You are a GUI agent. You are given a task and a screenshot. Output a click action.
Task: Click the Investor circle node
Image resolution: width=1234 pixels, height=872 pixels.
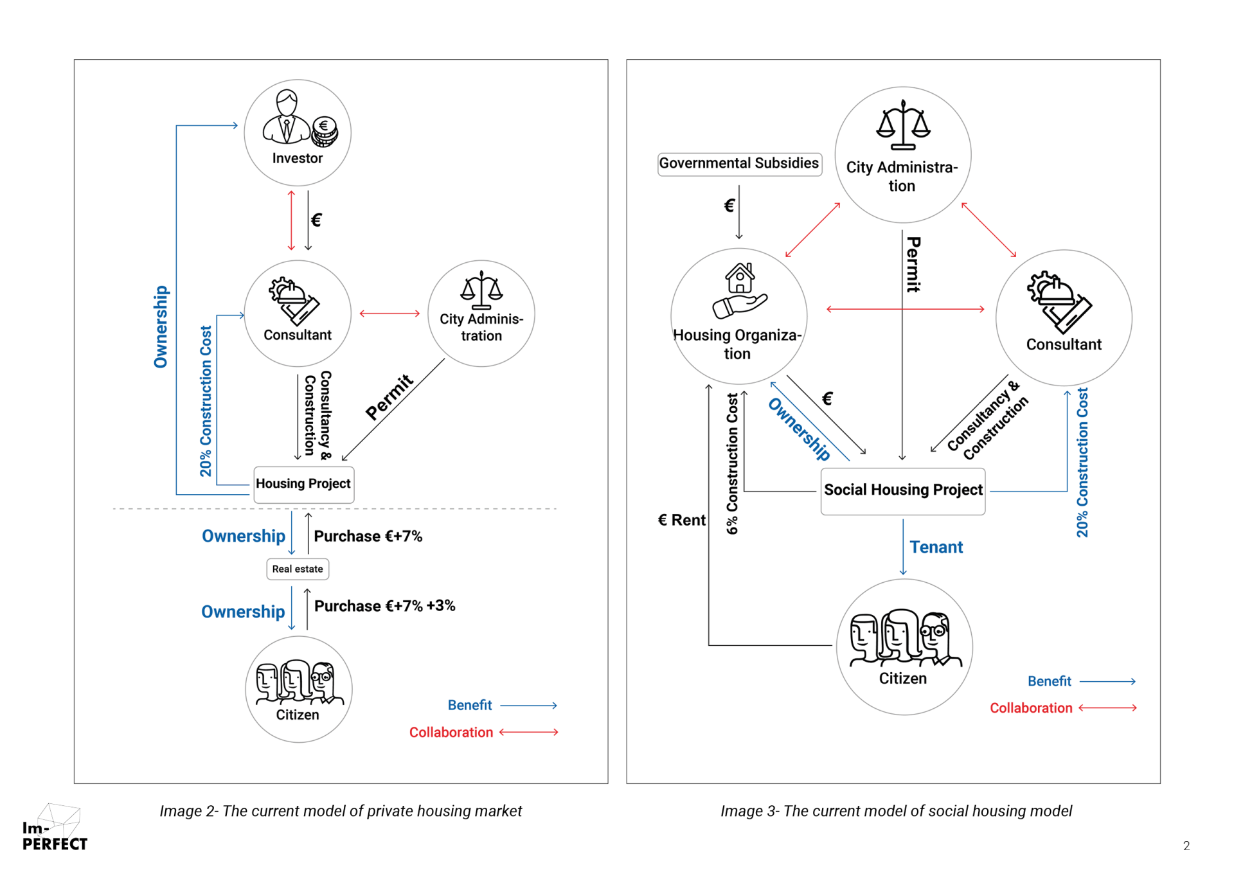[297, 133]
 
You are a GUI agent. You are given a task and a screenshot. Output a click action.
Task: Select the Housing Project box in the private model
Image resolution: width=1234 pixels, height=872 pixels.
[303, 484]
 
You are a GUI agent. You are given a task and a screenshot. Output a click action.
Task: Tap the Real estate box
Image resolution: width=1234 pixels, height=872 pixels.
[298, 569]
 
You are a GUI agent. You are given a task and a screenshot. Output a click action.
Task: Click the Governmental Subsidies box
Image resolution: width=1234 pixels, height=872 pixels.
[739, 163]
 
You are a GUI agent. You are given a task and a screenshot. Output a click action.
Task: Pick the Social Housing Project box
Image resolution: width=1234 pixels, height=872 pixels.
[902, 490]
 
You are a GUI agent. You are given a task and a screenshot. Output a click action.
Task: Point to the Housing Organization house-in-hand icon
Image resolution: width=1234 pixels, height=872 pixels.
[740, 290]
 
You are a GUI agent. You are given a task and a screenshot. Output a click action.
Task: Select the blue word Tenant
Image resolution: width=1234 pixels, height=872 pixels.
[936, 547]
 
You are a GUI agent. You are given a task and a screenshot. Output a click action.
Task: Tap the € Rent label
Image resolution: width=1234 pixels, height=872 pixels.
[681, 520]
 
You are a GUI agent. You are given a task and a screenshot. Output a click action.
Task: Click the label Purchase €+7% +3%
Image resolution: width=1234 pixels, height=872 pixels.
[384, 606]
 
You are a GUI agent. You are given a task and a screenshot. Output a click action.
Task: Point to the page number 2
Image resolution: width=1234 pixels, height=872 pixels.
[1186, 846]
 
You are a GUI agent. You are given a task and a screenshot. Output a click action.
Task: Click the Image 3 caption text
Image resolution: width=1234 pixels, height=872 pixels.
[896, 811]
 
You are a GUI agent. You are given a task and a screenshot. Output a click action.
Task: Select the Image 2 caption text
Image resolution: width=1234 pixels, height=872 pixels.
[341, 811]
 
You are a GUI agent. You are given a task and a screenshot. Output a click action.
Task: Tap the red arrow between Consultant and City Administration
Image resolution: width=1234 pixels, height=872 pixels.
[389, 314]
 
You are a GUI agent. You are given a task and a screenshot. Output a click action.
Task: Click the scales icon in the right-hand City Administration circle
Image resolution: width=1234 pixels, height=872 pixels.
[903, 125]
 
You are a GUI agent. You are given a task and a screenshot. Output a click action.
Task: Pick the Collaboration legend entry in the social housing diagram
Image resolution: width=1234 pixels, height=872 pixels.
[1030, 708]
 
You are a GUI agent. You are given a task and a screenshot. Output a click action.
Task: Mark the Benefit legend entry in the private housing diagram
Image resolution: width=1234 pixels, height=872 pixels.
[470, 706]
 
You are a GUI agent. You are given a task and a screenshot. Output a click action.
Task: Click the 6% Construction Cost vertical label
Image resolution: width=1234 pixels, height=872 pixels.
[732, 463]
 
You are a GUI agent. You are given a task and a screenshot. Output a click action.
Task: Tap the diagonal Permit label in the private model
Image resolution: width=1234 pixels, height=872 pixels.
[389, 397]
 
